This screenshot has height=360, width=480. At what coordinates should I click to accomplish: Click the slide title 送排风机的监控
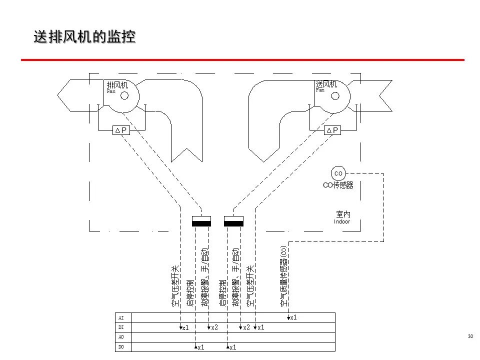(x=85, y=37)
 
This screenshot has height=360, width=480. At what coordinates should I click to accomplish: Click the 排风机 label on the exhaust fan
(x=117, y=84)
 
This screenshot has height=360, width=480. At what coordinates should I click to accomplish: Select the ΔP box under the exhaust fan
(x=121, y=130)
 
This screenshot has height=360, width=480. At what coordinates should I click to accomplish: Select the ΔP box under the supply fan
(x=332, y=130)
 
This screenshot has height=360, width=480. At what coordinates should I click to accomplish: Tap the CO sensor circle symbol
(x=338, y=173)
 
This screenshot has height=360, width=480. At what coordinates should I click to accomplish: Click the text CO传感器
(x=338, y=185)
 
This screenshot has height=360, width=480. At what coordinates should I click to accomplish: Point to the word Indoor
(x=342, y=221)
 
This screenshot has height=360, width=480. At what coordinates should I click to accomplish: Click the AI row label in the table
(x=120, y=317)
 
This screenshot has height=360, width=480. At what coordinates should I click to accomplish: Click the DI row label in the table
(x=120, y=327)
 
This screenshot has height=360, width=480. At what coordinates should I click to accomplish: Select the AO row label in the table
(x=120, y=337)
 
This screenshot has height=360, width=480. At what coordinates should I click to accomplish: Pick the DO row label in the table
(x=120, y=346)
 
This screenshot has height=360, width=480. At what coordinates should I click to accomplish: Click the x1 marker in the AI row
(x=293, y=317)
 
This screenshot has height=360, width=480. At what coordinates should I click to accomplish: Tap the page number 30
(x=470, y=336)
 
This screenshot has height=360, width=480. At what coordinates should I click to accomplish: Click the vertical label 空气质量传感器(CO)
(x=283, y=276)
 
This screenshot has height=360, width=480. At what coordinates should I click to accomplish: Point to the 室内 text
(x=343, y=214)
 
